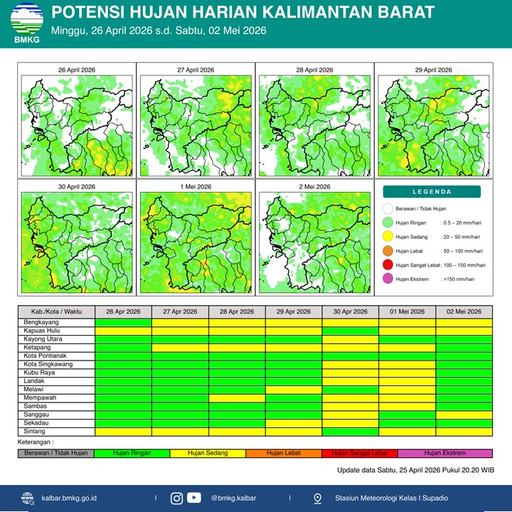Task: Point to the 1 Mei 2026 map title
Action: (196, 186)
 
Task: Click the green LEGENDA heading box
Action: (432, 191)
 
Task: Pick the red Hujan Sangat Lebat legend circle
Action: (388, 265)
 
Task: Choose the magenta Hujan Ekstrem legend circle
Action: (388, 279)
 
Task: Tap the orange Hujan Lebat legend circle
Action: (388, 250)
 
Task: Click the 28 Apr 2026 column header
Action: (237, 311)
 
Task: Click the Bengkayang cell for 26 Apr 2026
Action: (123, 323)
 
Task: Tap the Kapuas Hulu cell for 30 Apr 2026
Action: (350, 331)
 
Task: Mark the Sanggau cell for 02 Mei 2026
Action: (464, 415)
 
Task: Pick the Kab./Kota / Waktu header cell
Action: (56, 311)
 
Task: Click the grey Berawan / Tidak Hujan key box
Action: (56, 453)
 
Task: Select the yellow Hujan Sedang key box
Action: (208, 453)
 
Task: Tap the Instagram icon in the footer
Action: (176, 498)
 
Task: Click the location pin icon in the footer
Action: (317, 498)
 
